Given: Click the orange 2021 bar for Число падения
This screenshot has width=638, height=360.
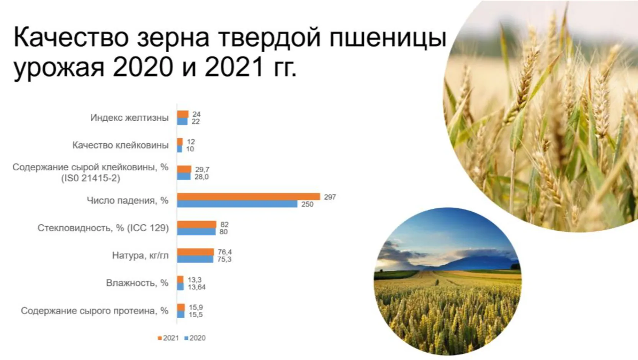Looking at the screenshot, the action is coord(249,196).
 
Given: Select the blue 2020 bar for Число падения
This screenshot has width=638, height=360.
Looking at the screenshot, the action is coord(237,204).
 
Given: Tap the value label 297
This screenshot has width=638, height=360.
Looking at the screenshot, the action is coord(330,197).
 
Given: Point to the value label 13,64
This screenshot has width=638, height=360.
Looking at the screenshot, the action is coord(196,287).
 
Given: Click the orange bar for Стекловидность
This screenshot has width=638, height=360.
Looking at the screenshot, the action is coord(196,224).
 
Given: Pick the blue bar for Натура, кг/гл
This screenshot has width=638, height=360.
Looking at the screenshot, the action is coord(195,259).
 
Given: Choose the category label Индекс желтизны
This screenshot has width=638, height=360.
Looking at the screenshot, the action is coord(129,118).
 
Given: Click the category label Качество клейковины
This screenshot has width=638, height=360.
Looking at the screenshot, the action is coord(121,145).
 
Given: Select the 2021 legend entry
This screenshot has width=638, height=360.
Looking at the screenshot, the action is coord(168,338).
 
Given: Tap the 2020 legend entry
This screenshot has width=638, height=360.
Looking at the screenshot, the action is coord(195,338).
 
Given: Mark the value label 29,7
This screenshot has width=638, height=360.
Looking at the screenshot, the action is coord(202,170).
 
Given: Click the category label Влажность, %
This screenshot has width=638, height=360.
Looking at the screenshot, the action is coord(137,283).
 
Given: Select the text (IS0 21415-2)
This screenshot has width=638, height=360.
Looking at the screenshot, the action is coord(91,178).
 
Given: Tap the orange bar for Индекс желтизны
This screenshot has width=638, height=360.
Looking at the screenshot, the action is coord(183,114).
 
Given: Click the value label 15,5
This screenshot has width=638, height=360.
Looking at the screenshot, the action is coord(196,315).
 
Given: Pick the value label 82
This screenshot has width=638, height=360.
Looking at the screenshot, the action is coord(224,225).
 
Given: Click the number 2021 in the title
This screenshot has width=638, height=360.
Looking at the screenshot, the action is coord(234,67).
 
